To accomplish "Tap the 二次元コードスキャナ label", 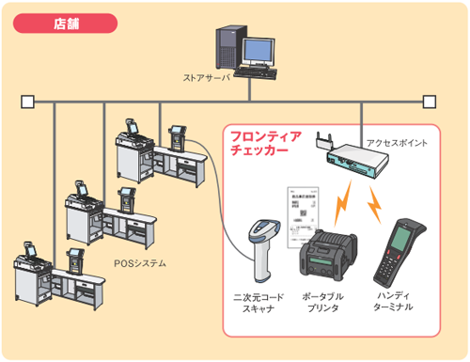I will coord(258,303).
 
